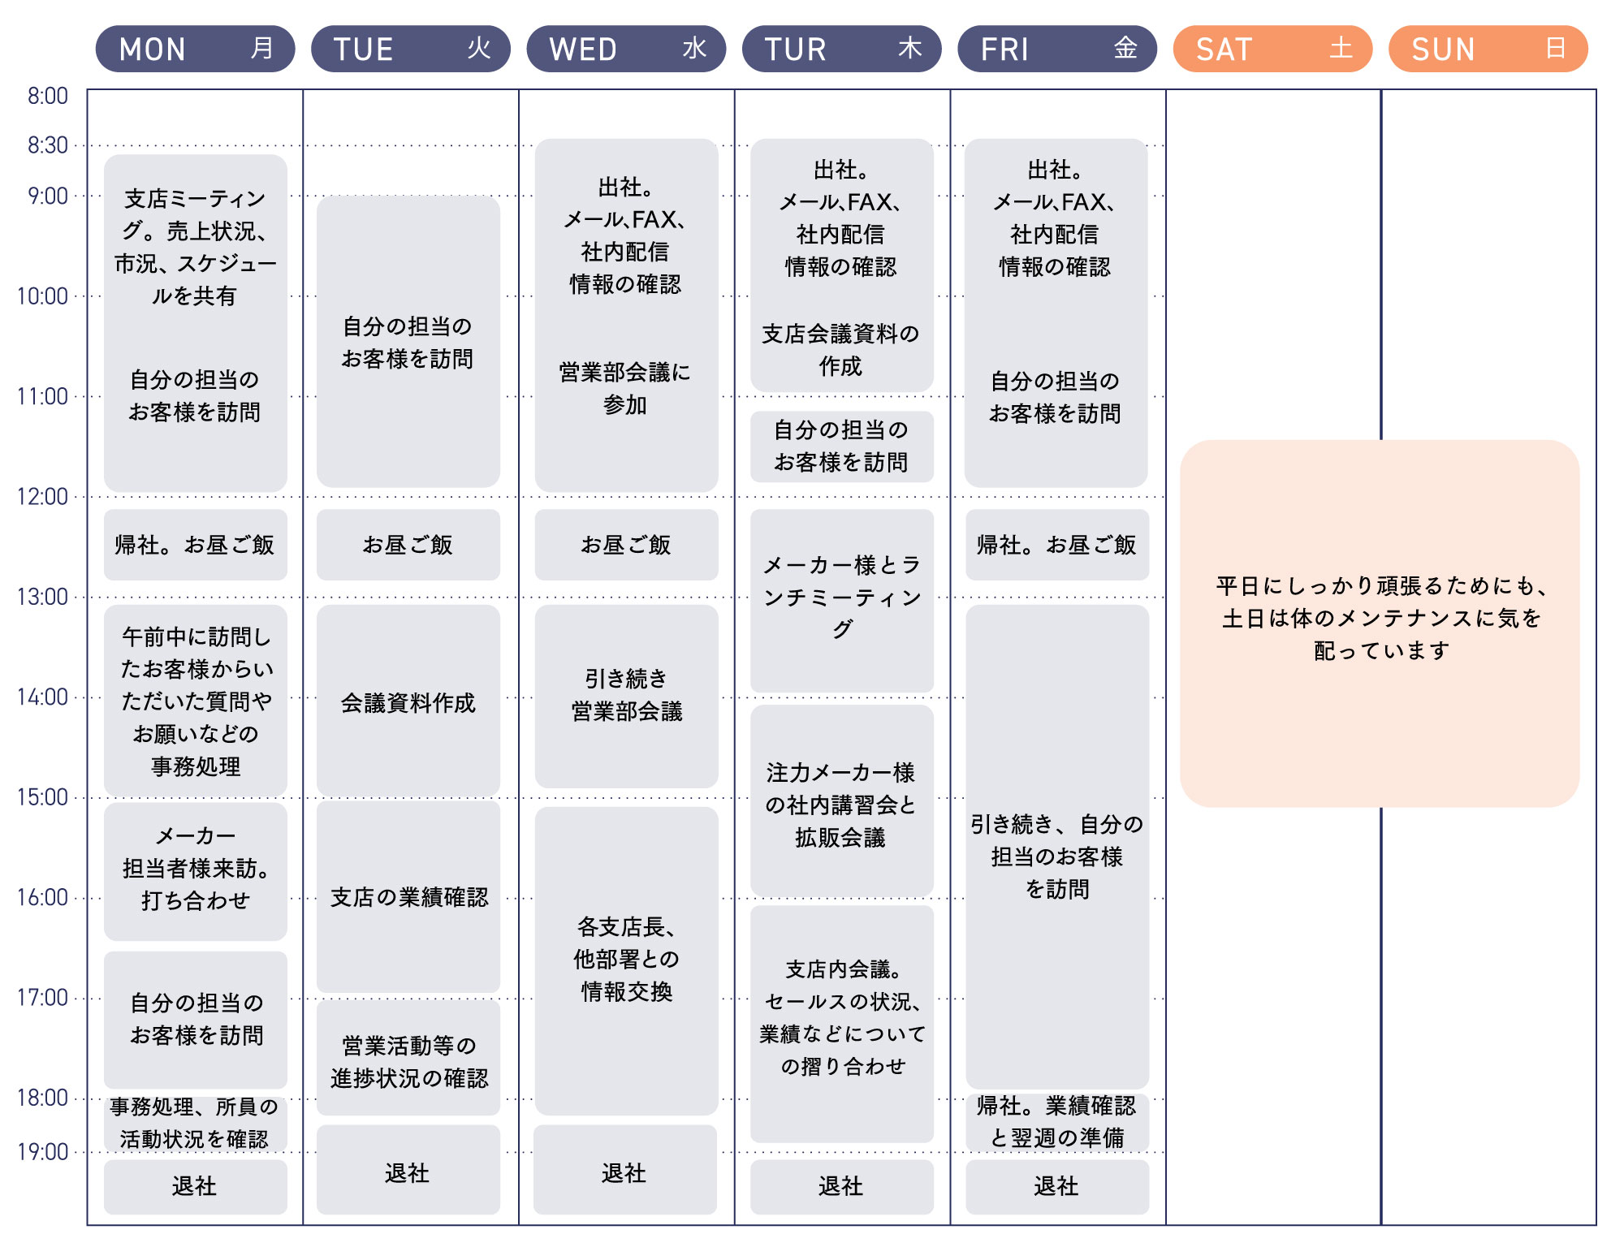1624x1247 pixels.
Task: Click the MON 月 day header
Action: coord(195,49)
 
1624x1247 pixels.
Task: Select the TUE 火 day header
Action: coord(411,49)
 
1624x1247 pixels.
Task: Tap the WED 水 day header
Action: coord(626,49)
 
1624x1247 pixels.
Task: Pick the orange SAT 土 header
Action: coord(1272,49)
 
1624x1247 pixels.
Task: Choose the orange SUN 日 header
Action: coord(1488,49)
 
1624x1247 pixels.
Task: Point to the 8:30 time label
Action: coord(48,145)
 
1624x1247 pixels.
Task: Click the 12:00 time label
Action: coord(42,496)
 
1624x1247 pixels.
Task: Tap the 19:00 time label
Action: coord(42,1151)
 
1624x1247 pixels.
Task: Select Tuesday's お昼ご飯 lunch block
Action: coord(408,545)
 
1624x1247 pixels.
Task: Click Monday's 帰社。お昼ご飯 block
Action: coord(196,545)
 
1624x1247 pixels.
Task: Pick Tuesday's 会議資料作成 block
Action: coord(408,701)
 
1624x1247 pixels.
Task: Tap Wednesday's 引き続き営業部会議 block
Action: coord(627,696)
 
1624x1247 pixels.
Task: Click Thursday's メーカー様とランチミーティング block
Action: coord(842,601)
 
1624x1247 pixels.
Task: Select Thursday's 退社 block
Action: coord(842,1186)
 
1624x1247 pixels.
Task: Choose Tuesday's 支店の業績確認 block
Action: coord(408,896)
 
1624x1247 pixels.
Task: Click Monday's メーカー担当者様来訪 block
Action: coord(196,871)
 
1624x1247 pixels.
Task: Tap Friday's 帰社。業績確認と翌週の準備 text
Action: coord(1056,1121)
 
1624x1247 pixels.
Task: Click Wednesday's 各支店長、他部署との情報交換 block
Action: coord(627,960)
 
